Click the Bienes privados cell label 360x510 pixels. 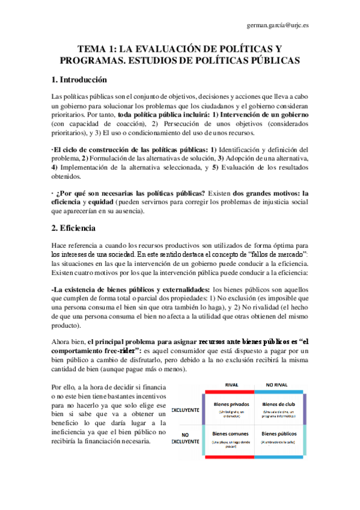[x=229, y=405]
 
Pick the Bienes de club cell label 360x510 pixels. [x=277, y=405]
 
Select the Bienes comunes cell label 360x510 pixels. [x=229, y=433]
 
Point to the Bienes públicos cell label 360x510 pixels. [x=277, y=433]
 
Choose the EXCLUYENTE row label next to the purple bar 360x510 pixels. [x=186, y=410]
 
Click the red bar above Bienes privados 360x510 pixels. [x=229, y=392]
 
